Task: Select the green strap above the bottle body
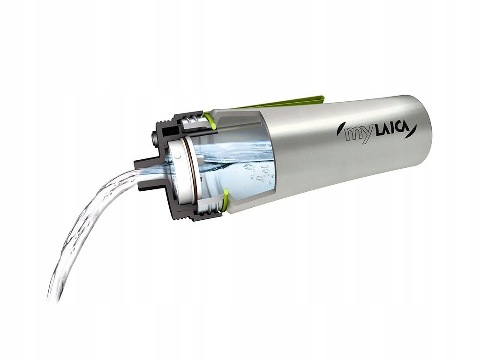(281, 102)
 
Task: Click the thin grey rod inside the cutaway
(244, 128)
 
